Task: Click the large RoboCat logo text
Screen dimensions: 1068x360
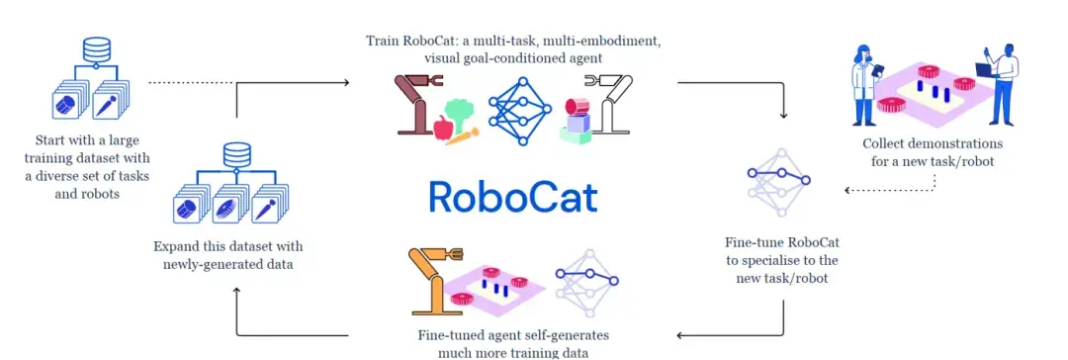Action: (x=513, y=196)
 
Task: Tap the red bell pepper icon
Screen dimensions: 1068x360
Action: (x=443, y=126)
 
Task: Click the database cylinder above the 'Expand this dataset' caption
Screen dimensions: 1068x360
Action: (x=235, y=154)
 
